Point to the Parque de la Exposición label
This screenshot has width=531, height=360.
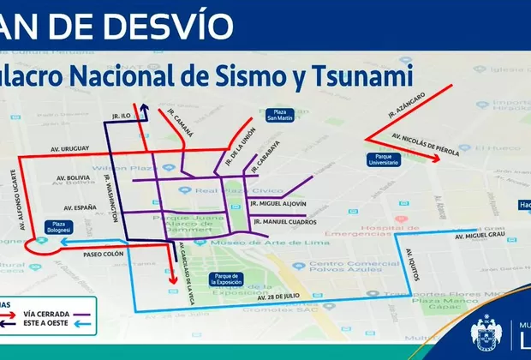226,279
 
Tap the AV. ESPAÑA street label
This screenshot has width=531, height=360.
80,208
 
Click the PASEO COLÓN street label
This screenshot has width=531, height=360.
104,254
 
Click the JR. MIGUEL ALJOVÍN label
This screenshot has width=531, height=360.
279,203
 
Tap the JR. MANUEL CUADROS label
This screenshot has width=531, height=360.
283,223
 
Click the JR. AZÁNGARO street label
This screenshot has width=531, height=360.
405,104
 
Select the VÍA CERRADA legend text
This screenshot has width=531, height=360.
53,315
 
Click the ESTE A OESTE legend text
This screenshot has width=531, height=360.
53,325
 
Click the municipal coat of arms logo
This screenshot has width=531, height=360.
487,334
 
